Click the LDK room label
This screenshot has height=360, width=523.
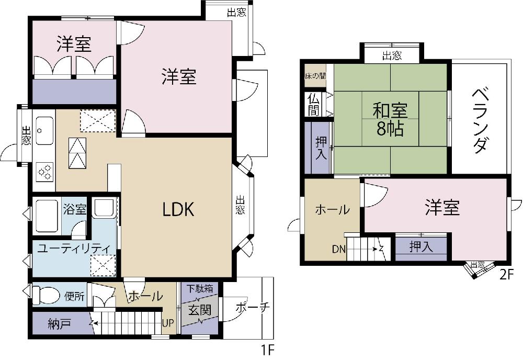pyautogui.click(x=178, y=209)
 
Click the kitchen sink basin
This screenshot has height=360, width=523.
pyautogui.click(x=44, y=130)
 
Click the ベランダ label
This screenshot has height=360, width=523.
pyautogui.click(x=480, y=120)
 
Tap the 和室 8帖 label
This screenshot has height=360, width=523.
pyautogui.click(x=390, y=119)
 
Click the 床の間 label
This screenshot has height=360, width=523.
pyautogui.click(x=315, y=76)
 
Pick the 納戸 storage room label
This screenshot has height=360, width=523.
pyautogui.click(x=60, y=323)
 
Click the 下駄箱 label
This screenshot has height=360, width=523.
pyautogui.click(x=200, y=288)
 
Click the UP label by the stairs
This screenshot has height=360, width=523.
pyautogui.click(x=168, y=323)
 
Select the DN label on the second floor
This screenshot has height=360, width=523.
pyautogui.click(x=339, y=249)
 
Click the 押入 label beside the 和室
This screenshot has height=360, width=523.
pyautogui.click(x=321, y=148)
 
